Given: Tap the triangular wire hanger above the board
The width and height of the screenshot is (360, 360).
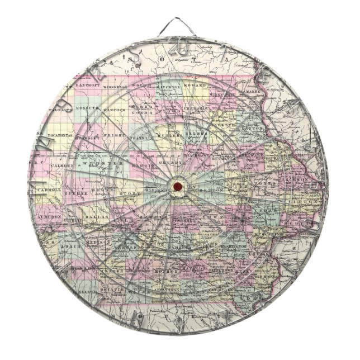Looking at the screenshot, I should click(x=180, y=29).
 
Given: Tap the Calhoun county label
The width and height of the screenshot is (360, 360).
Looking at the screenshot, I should click(x=63, y=167).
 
